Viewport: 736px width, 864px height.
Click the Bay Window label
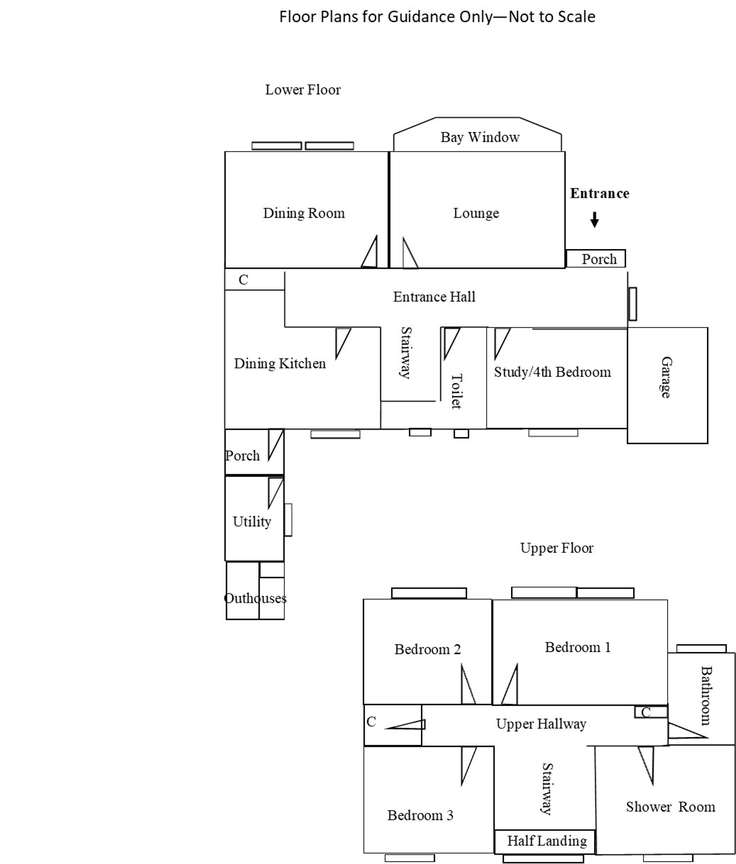(x=480, y=137)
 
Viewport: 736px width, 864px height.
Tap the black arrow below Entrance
(x=595, y=220)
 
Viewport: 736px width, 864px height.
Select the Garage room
(x=667, y=384)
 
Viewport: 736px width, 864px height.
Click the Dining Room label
(x=304, y=213)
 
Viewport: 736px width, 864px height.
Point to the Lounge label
(x=476, y=213)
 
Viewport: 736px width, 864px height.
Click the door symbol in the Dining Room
(x=369, y=253)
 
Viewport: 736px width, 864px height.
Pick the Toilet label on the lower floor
(x=456, y=391)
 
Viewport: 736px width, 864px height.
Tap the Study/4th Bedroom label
(x=552, y=372)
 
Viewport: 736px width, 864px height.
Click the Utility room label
(x=252, y=521)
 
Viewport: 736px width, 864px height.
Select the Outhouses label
(x=256, y=598)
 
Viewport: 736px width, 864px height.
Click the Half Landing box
(x=545, y=841)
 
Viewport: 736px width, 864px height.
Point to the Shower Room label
(x=670, y=807)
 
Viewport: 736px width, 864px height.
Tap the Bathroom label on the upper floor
(x=705, y=695)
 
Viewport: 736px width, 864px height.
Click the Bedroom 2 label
(x=427, y=649)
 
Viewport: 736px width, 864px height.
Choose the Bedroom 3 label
(x=420, y=815)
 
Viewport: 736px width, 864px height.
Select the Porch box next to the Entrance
(x=596, y=259)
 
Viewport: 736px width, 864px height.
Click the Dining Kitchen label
(x=280, y=363)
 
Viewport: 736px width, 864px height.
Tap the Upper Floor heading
(x=556, y=548)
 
